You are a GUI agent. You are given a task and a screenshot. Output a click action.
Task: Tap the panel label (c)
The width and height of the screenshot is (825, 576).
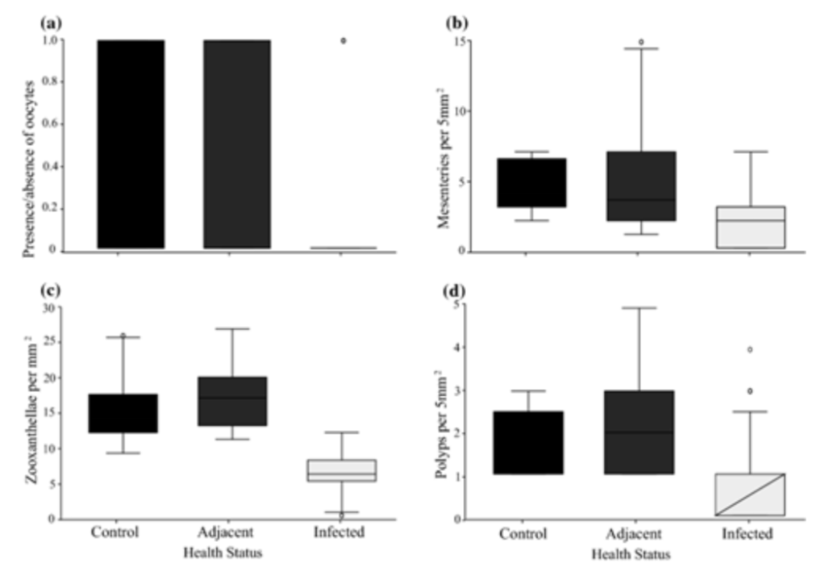point(51,291)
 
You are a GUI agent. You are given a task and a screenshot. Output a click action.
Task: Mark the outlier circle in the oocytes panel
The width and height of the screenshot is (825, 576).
point(343,40)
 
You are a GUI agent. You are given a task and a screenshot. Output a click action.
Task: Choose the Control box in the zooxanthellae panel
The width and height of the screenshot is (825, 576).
point(123,413)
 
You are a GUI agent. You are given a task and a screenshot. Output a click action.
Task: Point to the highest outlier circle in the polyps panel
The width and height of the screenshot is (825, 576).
point(750,349)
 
